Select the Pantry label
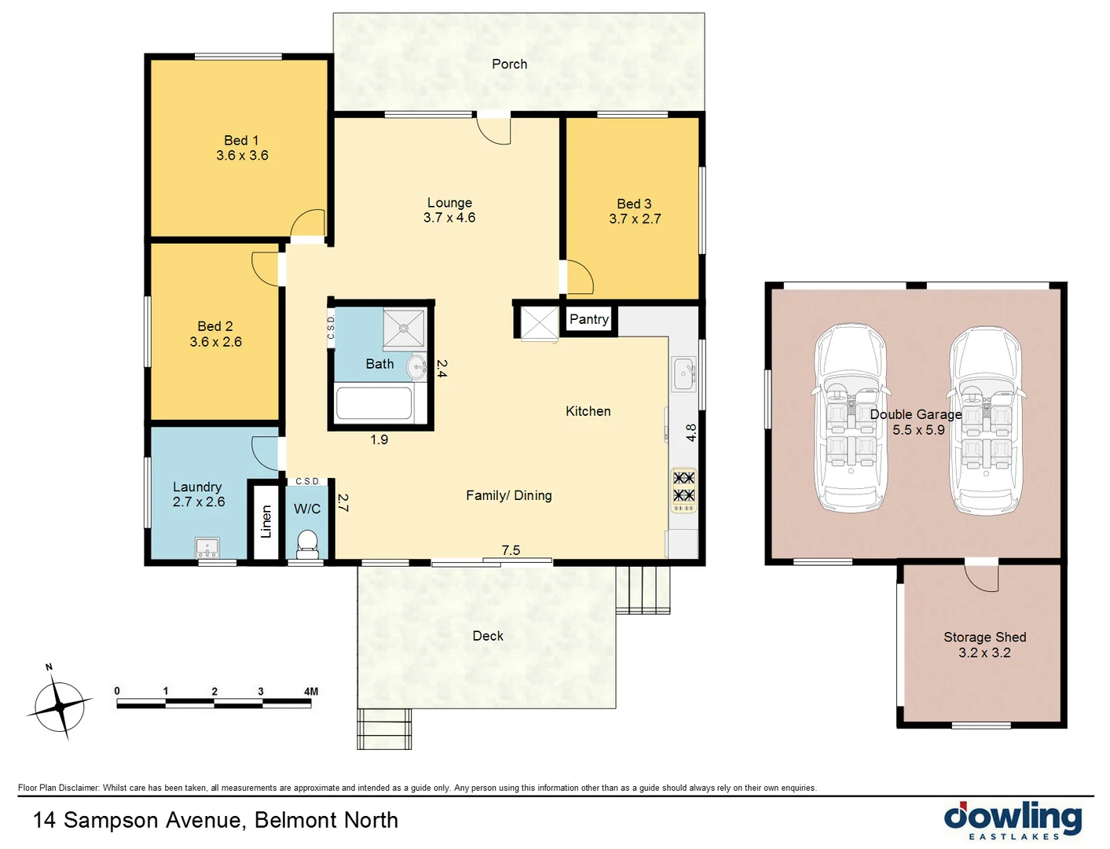tap(589, 319)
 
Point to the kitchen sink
tap(683, 373)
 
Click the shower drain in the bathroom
tap(404, 329)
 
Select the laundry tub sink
tap(207, 548)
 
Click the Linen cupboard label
tap(266, 522)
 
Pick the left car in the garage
tap(850, 418)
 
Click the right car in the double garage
tap(985, 421)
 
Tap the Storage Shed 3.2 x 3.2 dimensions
tap(984, 652)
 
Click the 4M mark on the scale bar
tap(311, 692)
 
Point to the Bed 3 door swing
tap(580, 277)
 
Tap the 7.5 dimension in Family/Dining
tap(511, 550)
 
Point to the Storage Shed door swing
tap(982, 577)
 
